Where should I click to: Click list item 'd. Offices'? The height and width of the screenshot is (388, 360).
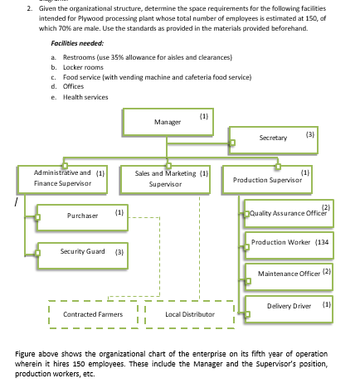73,85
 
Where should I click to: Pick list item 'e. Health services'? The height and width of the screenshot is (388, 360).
86,95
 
